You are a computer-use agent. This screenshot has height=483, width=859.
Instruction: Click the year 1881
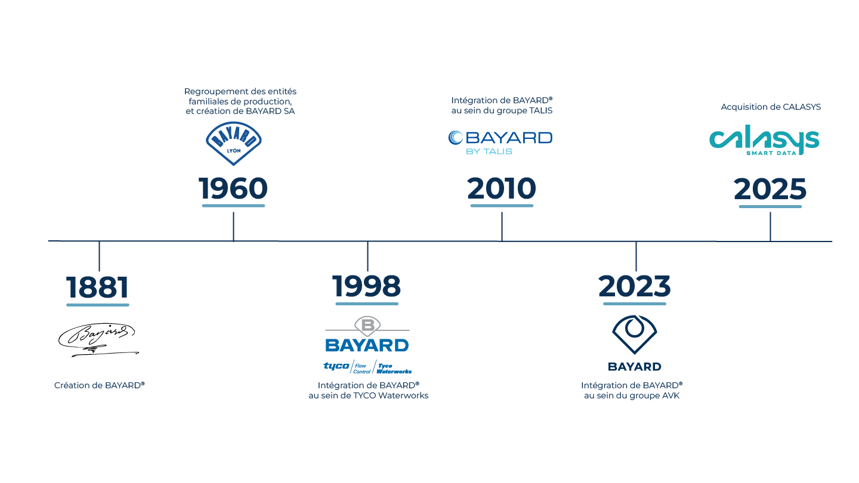pyautogui.click(x=97, y=287)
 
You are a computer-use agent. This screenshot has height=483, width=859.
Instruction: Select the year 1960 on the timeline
pyautogui.click(x=233, y=188)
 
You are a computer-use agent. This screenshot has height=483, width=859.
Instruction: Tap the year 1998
pyautogui.click(x=367, y=286)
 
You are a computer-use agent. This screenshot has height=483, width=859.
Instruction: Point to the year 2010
pyautogui.click(x=502, y=188)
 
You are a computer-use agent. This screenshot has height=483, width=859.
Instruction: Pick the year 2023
pyautogui.click(x=635, y=286)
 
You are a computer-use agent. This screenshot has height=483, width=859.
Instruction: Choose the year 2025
pyautogui.click(x=770, y=189)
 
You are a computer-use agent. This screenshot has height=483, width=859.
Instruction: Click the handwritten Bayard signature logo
pyautogui.click(x=98, y=340)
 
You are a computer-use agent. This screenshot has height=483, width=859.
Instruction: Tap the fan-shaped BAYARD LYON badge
pyautogui.click(x=234, y=143)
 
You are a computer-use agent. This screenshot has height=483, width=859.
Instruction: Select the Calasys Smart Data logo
pyautogui.click(x=764, y=140)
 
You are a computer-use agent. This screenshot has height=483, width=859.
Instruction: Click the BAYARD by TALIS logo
pyautogui.click(x=500, y=143)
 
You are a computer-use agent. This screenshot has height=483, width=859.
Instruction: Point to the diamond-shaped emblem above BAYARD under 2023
pyautogui.click(x=635, y=335)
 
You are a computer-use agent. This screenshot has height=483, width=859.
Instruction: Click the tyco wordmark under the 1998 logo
pyautogui.click(x=336, y=366)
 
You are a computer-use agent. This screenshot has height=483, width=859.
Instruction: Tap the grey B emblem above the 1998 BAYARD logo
pyautogui.click(x=367, y=326)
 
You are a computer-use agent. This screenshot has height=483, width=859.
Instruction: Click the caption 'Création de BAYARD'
pyautogui.click(x=99, y=385)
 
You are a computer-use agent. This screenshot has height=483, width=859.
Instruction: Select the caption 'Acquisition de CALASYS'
pyautogui.click(x=771, y=107)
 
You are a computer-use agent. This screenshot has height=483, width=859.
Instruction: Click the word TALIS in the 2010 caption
pyautogui.click(x=540, y=111)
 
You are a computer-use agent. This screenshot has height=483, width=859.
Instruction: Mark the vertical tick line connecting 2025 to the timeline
pyautogui.click(x=770, y=227)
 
